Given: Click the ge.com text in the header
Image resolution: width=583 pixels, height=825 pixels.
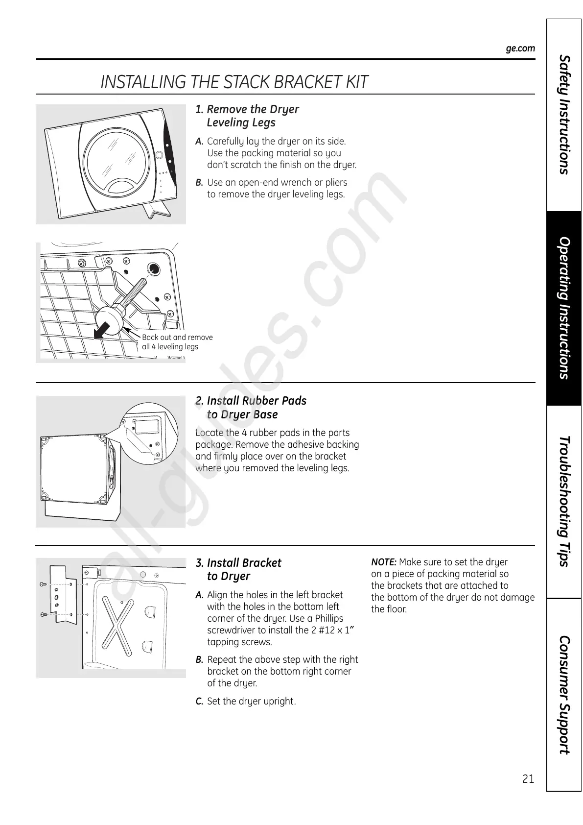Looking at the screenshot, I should tap(520, 49).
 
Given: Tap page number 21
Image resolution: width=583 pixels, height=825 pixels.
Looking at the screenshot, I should tap(528, 779).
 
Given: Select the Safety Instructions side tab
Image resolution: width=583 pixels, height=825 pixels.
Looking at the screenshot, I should tap(564, 115).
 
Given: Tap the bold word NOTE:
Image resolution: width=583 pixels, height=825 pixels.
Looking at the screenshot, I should tap(384, 562).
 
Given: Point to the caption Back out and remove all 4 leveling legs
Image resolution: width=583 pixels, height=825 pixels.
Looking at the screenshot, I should tap(177, 342).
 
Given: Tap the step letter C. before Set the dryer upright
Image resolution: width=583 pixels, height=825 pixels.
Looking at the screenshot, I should tap(199, 702).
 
